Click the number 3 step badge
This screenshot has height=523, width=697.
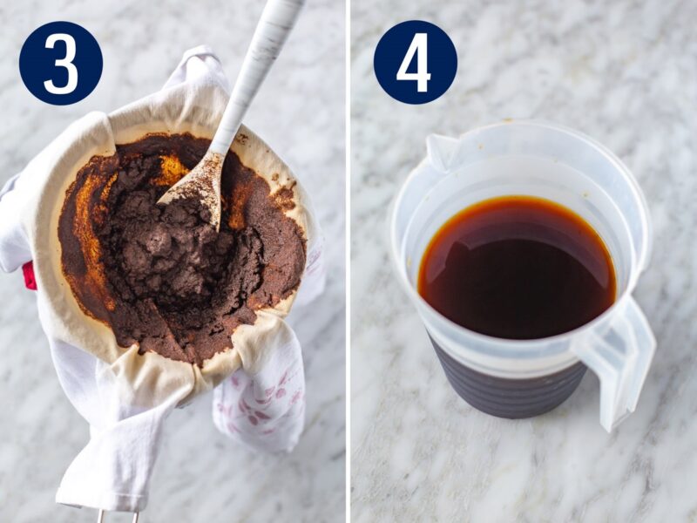pos(61,63)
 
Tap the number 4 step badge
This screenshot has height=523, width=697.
pos(415,63)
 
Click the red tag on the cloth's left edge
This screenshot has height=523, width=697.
pos(29,275)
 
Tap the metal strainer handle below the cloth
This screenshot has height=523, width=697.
pos(118,515)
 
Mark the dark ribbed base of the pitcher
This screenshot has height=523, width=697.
pos(505,388)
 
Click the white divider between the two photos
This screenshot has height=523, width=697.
pos(348,261)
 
